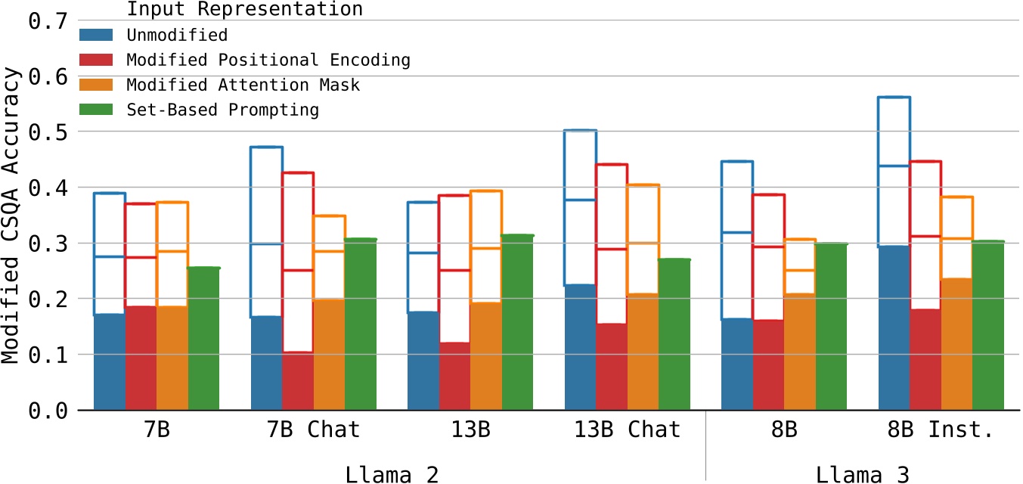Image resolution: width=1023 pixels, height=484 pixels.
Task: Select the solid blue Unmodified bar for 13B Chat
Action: point(580,348)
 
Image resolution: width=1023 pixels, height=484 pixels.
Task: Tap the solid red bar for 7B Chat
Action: point(298,381)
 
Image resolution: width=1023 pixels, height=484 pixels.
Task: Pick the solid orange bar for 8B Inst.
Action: point(957,345)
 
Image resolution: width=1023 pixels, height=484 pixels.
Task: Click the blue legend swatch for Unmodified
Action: point(96,35)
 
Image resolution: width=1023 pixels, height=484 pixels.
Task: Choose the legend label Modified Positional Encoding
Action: point(268,60)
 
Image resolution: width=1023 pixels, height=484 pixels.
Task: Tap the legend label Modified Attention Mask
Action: point(243,85)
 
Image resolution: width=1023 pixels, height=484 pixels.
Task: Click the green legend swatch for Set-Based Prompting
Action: point(96,110)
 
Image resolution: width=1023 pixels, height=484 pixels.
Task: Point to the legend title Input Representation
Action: point(244,10)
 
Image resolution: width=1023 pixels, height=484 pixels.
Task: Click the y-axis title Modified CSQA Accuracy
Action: point(11,216)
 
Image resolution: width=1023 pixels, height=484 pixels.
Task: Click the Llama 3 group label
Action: point(862,474)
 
